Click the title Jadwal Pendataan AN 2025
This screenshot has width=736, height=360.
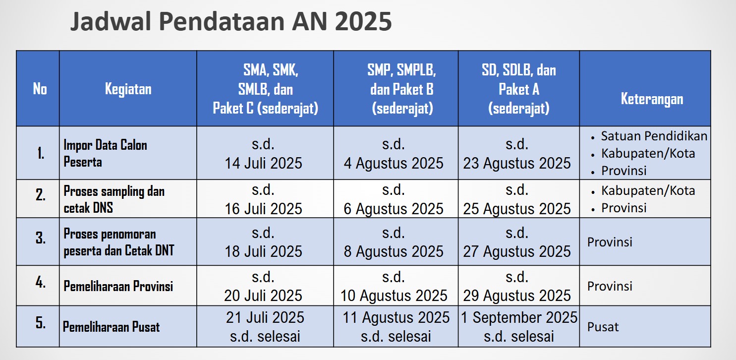[231, 22]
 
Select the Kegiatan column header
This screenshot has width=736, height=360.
[128, 89]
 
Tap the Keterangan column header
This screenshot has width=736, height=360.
[652, 99]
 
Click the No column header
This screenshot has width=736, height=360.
[40, 89]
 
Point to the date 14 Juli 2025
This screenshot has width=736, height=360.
[263, 164]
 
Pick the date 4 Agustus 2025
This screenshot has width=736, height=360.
[394, 164]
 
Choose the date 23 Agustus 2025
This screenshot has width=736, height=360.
[517, 164]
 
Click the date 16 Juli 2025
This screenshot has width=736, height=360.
[263, 209]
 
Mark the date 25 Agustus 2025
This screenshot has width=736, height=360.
[517, 209]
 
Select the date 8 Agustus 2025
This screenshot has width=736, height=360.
[394, 251]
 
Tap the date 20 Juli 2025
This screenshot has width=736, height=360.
[263, 296]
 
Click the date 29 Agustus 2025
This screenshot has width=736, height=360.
[517, 296]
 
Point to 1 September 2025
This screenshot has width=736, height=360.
[519, 317]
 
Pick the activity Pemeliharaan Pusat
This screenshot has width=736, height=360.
[111, 327]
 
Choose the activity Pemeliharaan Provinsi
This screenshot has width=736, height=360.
[118, 286]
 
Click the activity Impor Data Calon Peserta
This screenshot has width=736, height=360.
[105, 154]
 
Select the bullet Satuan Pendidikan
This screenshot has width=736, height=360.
[654, 136]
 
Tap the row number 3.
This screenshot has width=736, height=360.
[41, 238]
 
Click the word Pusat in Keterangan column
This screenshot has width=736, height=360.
[603, 327]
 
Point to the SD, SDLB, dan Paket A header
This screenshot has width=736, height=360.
[519, 89]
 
